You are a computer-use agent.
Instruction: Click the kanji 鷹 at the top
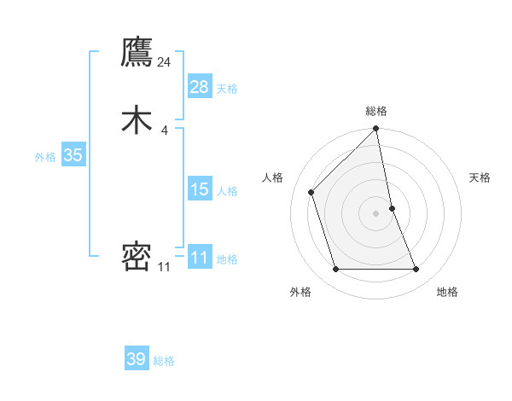pos(137,52)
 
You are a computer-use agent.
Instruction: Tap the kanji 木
pos(137,120)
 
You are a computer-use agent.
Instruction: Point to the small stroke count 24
pos(165,61)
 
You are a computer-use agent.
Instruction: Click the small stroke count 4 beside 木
pos(165,130)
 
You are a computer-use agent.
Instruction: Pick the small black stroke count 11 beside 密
pos(164,267)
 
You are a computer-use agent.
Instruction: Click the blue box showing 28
pos(200,86)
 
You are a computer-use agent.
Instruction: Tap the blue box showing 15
pos(200,189)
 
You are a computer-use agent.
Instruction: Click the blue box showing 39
pos(137,359)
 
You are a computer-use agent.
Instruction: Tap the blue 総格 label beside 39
pos(165,361)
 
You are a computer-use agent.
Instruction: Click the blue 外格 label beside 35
pos(45,156)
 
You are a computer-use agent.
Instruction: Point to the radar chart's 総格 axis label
pos(376,111)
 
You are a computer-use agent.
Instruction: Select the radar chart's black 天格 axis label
pos(480,177)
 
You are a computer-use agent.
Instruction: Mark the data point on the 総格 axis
pos(376,130)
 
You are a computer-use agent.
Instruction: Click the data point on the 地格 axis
pos(416,270)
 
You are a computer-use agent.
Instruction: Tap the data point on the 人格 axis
pos(311,192)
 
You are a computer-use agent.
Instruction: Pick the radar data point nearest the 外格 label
pos(335,270)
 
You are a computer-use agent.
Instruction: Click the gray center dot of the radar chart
pos(376,213)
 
